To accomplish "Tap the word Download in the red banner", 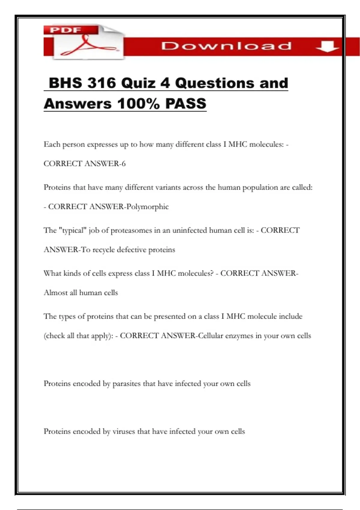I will pyautogui.click(x=226, y=46).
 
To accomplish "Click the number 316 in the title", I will pyautogui.click(x=101, y=83).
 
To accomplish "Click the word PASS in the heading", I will pyautogui.click(x=186, y=104).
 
